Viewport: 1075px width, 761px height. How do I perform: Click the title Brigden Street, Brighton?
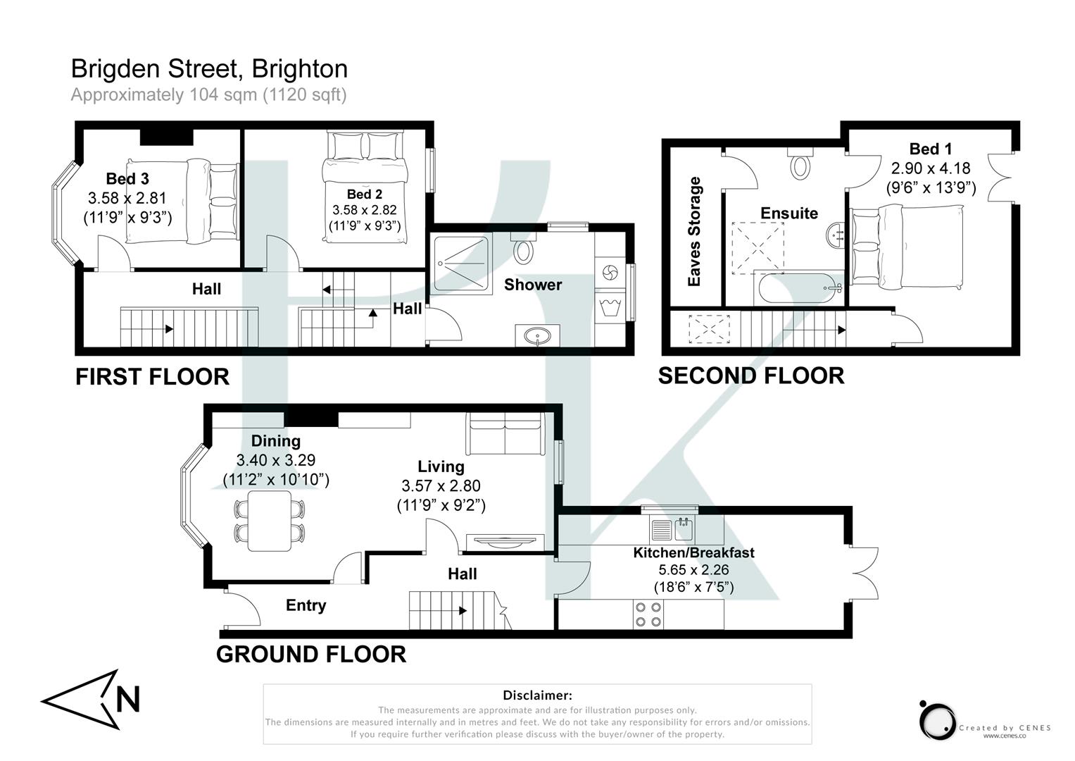(209, 69)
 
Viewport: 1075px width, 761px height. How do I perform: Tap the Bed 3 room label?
(127, 179)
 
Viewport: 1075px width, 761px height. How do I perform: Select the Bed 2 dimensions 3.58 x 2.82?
(364, 210)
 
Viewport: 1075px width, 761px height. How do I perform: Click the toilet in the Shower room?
(523, 250)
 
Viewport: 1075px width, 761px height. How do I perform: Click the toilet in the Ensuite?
(800, 165)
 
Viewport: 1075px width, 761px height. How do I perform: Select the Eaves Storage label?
(695, 232)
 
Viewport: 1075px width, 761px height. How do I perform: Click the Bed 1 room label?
(930, 149)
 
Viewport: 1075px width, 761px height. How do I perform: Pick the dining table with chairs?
(270, 521)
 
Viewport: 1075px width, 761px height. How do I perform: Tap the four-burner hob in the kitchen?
(648, 614)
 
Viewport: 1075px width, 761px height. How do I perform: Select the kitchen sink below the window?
(672, 528)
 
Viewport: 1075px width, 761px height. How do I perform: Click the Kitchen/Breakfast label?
(693, 552)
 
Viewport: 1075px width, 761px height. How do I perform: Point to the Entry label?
(306, 605)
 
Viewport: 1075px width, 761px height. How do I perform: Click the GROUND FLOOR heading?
(311, 655)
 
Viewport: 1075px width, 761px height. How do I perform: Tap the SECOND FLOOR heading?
(751, 376)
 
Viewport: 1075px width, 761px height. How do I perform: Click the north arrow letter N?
(127, 700)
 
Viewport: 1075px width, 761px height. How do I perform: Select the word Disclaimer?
(537, 695)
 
